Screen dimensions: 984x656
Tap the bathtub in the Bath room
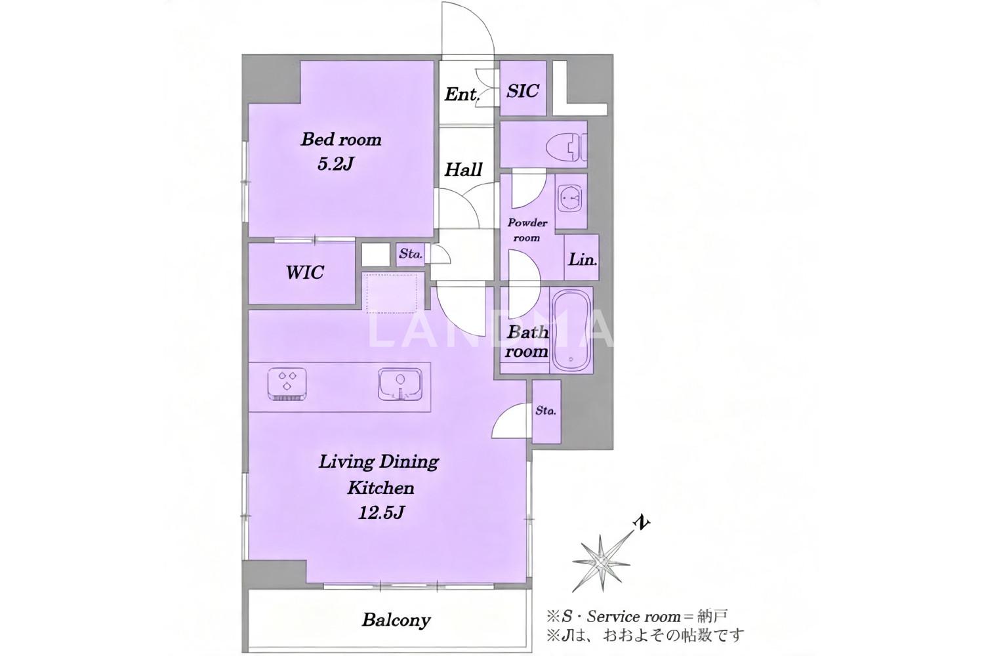[x=571, y=331]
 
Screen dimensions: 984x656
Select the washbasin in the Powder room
[x=571, y=201]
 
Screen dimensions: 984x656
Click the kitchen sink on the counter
[x=400, y=384]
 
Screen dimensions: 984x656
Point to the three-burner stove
[x=287, y=384]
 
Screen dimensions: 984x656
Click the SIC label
[x=523, y=91]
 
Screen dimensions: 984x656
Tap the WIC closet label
[x=305, y=272]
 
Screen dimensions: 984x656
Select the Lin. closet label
[x=583, y=260]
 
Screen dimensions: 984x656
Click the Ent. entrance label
[x=461, y=94]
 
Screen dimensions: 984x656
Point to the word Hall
[x=463, y=169]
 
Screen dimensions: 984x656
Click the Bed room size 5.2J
[x=336, y=165]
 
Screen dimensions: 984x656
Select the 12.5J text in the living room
[x=381, y=513]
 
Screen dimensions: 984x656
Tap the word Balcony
[x=396, y=620]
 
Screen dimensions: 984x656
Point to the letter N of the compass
[x=642, y=523]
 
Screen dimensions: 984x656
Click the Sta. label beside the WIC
[x=410, y=254]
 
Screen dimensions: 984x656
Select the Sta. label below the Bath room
[x=546, y=411]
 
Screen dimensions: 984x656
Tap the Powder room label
[x=527, y=230]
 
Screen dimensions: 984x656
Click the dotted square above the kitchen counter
[x=392, y=293]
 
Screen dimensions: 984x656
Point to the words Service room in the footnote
[x=634, y=617]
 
